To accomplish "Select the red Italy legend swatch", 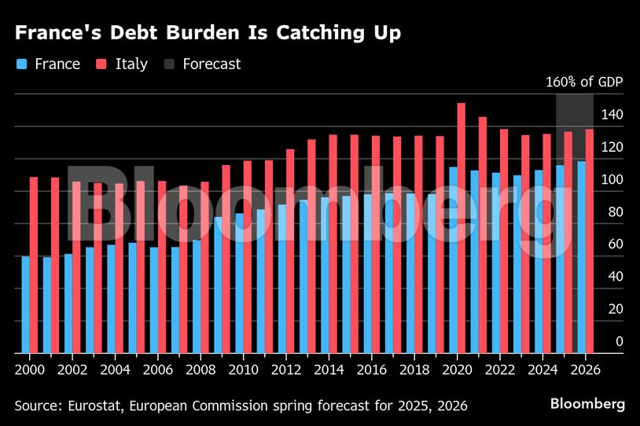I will pos(101,64).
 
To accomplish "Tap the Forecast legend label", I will pos(211,64).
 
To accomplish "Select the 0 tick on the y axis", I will pos(619,342).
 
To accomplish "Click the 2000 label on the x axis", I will pos(30,368).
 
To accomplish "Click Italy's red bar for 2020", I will pos(462,228).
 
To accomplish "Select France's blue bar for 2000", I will pos(26,304).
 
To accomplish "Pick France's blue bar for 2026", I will pos(581,257).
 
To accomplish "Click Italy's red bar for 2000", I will pos(34,265).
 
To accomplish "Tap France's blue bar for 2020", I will pos(453,259).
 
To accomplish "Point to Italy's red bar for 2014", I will pos(333,244).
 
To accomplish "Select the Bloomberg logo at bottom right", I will pos(587,404).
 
